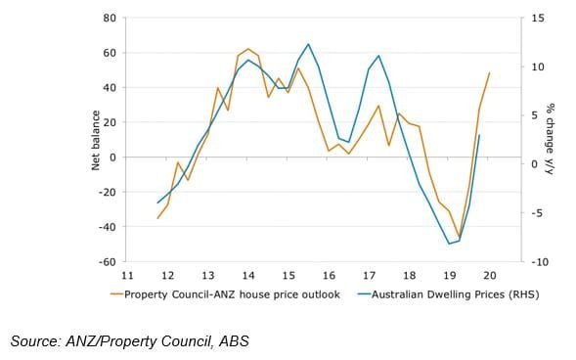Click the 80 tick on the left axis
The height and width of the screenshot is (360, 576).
110,19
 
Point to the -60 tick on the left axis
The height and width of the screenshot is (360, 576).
108,262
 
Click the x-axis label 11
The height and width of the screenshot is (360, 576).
127,275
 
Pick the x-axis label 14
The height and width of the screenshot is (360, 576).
248,275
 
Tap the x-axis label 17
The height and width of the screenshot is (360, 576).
369,275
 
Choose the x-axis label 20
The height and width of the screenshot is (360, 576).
489,275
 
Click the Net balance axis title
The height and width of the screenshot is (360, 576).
96,140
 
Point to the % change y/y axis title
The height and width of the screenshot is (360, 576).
551,140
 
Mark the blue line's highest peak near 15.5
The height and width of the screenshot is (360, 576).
308,44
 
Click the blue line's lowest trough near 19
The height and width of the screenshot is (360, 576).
450,244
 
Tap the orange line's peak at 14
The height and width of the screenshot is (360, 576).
247,49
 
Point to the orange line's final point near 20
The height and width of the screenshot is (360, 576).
489,73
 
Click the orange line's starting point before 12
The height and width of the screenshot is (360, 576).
157,218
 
